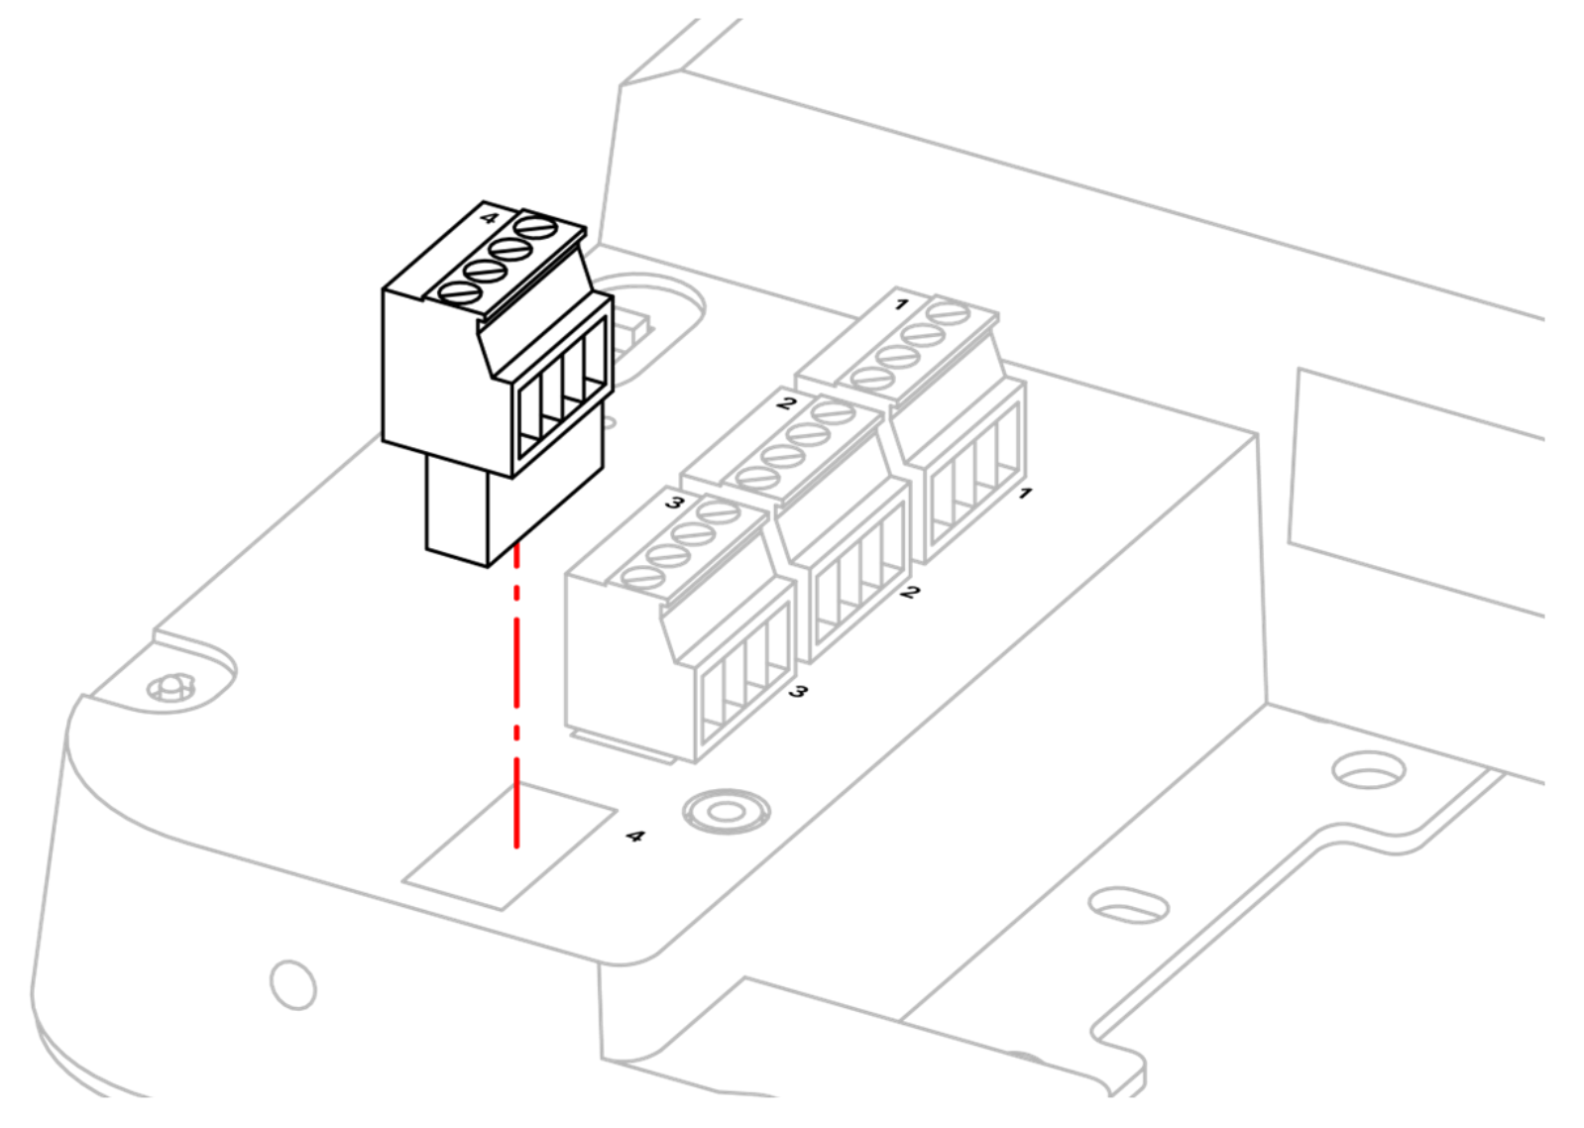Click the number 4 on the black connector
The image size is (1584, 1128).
489,217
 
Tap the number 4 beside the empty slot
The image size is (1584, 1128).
635,837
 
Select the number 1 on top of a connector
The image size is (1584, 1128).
901,304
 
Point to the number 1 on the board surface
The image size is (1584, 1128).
1025,493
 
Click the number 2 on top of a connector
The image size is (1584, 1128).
786,403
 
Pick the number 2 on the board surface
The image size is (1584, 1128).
911,591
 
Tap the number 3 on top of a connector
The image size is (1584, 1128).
675,503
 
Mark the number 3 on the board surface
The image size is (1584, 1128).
798,691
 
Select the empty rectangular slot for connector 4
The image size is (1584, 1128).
509,846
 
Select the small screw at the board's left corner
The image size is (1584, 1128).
170,687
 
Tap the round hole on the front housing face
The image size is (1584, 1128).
292,984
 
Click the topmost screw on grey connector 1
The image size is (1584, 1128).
949,312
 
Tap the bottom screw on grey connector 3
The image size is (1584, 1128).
642,579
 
